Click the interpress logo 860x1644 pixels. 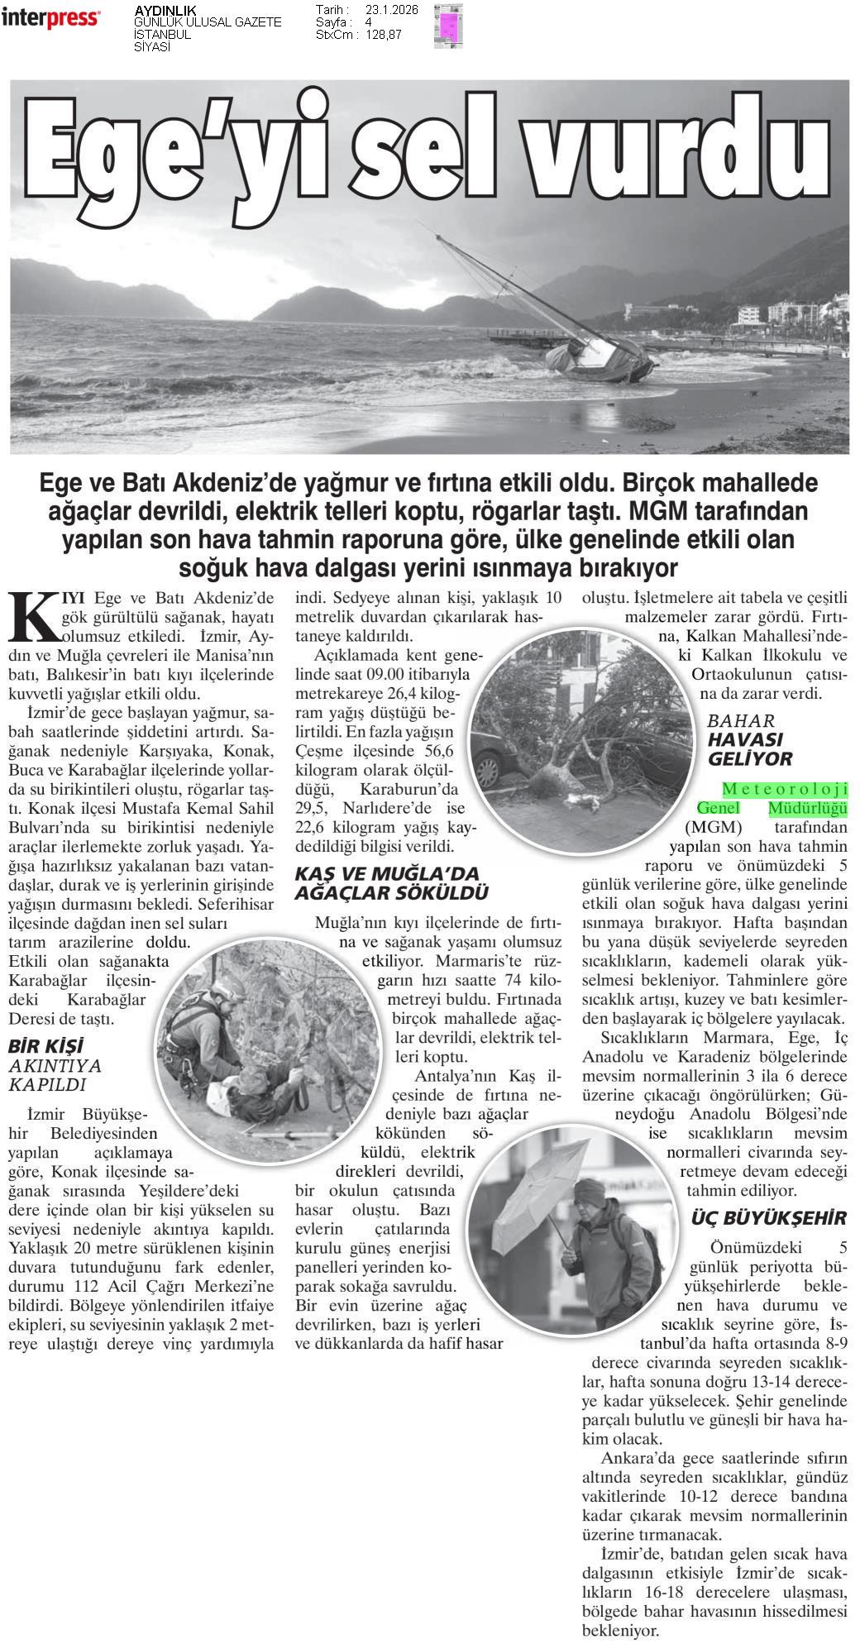tap(50, 18)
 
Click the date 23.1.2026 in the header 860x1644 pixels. tap(391, 10)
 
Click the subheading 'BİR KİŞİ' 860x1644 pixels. tap(46, 1046)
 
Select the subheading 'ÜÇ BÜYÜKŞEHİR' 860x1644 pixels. tap(769, 1218)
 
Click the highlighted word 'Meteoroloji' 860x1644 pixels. tap(785, 790)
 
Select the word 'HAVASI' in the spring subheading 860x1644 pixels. tap(745, 739)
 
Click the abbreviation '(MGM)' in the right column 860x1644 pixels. tap(714, 828)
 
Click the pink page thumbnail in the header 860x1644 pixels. tap(448, 26)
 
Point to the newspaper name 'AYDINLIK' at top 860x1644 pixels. tap(165, 10)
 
